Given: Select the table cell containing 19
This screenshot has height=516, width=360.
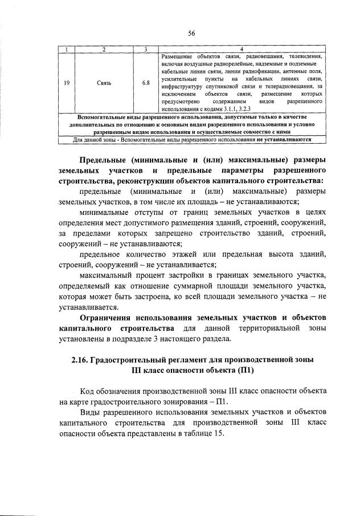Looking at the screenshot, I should click(67, 83).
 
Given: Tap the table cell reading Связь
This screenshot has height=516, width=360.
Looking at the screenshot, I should click(104, 83).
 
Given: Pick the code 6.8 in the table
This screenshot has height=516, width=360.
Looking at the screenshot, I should click(146, 83).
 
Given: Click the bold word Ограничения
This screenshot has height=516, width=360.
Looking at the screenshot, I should click(112, 316).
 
